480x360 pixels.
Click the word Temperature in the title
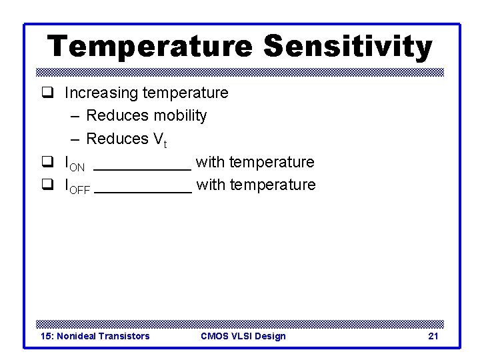point(150,47)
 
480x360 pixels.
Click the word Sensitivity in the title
point(347,47)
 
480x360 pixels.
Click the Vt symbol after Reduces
point(161,140)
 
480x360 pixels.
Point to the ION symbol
point(75,163)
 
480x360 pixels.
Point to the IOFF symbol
point(77,186)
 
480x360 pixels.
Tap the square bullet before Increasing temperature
point(47,93)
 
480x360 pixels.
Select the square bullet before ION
point(47,162)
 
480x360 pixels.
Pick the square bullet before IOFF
point(47,185)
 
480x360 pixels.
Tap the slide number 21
point(433,336)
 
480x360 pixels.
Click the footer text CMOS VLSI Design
point(243,336)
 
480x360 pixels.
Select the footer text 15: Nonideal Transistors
point(95,336)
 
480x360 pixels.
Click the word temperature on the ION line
point(271,162)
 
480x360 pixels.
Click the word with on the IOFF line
point(211,185)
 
